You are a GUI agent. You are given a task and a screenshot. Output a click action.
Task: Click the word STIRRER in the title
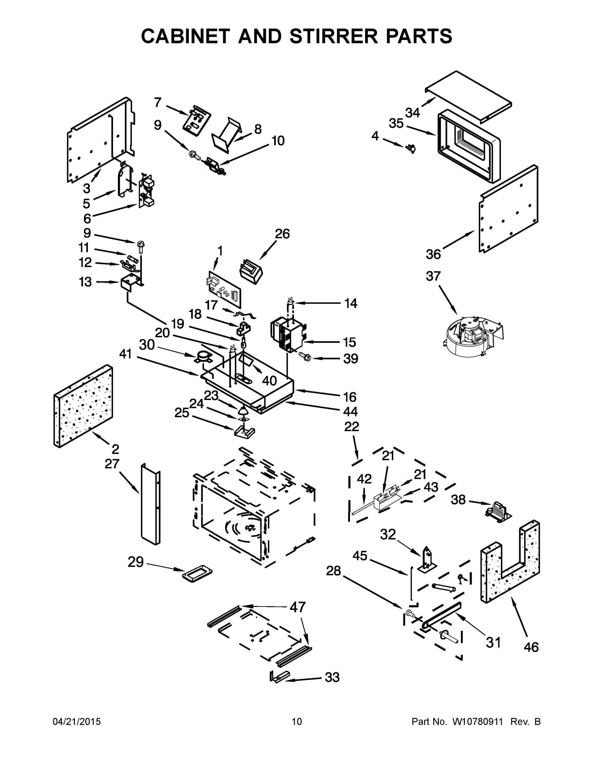pyautogui.click(x=333, y=36)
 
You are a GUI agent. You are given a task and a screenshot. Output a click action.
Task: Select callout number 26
pyautogui.click(x=282, y=234)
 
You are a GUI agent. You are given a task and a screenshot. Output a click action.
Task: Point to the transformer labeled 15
pyautogui.click(x=286, y=334)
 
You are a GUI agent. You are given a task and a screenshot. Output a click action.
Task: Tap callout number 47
pyautogui.click(x=298, y=607)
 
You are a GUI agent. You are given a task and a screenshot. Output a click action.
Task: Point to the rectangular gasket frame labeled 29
pyautogui.click(x=197, y=574)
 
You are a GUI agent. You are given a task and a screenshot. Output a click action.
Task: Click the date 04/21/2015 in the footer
pyautogui.click(x=77, y=722)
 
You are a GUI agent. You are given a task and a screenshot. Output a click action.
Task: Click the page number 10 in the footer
pyautogui.click(x=297, y=722)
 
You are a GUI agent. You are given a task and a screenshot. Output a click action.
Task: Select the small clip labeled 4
pyautogui.click(x=411, y=149)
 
